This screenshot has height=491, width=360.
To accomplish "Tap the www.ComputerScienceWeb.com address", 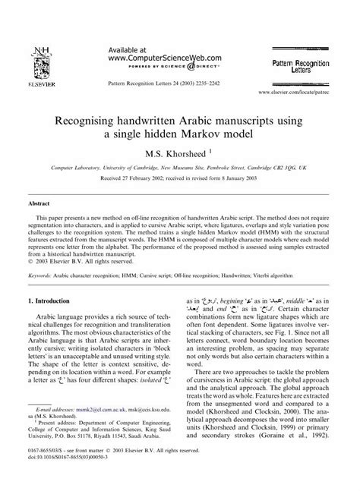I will coord(157,55).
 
